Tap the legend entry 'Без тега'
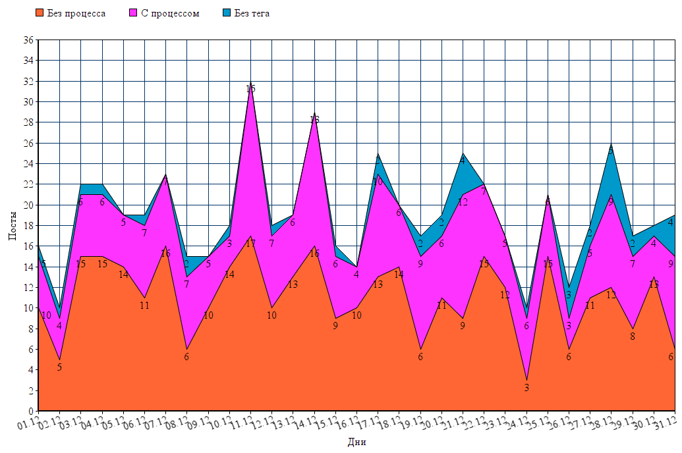click(251, 13)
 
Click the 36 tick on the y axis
click(28, 40)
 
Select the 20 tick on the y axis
click(28, 205)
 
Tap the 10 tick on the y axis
click(28, 308)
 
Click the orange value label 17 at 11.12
click(250, 244)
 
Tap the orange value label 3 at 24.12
click(526, 388)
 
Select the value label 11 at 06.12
click(145, 306)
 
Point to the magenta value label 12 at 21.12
click(463, 202)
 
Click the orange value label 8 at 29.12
click(633, 336)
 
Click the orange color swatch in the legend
click(40, 13)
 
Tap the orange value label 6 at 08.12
click(186, 357)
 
